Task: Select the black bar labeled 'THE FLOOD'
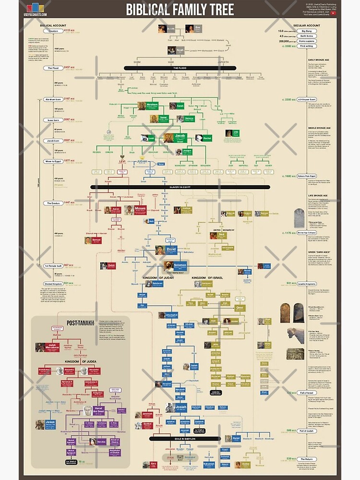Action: tap(180, 68)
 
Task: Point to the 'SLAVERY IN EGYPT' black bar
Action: tap(180, 187)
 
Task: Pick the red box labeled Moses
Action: tap(141, 210)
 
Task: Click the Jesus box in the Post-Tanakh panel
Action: tap(50, 424)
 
